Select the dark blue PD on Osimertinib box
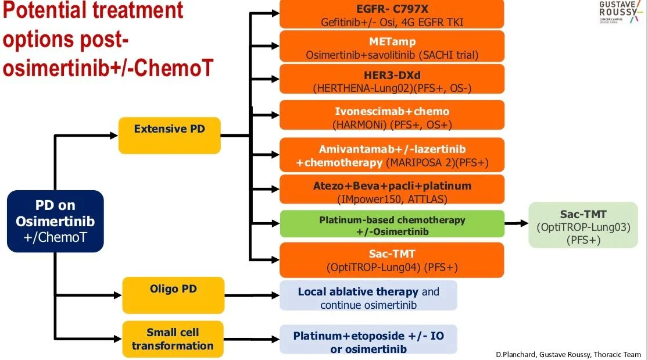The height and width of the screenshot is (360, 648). tap(55, 222)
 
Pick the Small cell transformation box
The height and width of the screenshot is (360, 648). tap(173, 339)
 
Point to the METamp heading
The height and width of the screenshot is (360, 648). tap(392, 41)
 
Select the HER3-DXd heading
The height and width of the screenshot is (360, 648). tap(392, 74)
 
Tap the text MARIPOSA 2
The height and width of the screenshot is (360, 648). tap(423, 163)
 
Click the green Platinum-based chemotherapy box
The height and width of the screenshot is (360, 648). tap(392, 225)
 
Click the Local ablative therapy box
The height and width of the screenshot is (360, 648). tap(368, 297)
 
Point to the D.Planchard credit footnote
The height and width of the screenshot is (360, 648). tap(568, 354)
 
